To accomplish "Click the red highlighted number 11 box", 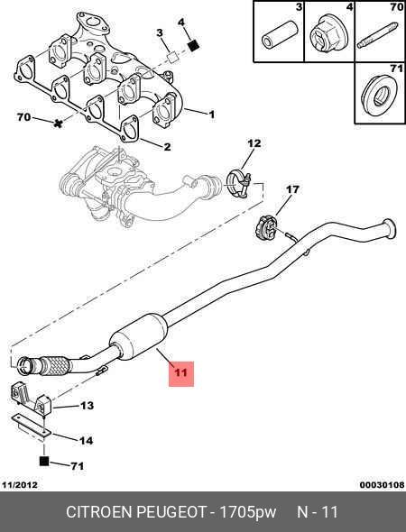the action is [x=181, y=373].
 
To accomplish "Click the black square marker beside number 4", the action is [x=193, y=45].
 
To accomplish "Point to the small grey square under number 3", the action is [x=173, y=57].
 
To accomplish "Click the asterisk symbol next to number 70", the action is [x=58, y=124].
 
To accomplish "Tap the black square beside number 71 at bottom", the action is [x=44, y=461].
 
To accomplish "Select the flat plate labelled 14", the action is [x=31, y=425].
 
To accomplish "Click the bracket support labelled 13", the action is [x=30, y=398].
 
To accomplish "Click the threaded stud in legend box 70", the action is [x=377, y=35].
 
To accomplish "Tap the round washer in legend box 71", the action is [x=379, y=95].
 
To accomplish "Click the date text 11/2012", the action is [x=20, y=485].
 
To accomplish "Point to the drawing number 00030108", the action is [x=383, y=485].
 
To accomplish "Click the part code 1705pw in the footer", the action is [x=248, y=511].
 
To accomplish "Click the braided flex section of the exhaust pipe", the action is [x=55, y=365].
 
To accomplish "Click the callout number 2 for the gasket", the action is [x=167, y=147].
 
